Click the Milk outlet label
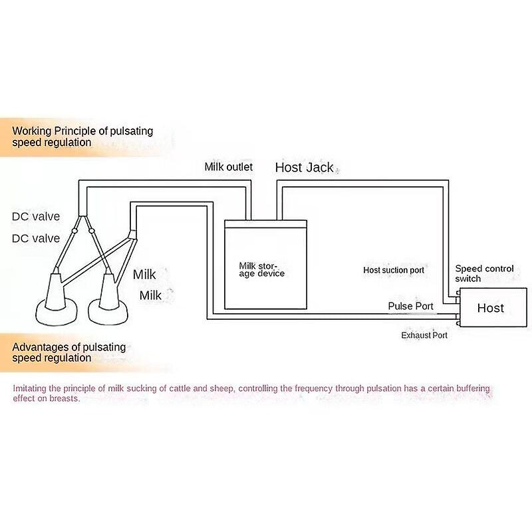pos(228,167)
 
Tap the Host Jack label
pos(305,168)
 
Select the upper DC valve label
pos(36,217)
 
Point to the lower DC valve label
pos(36,239)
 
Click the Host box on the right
pos(492,307)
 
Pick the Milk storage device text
pos(261,270)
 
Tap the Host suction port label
pos(394,270)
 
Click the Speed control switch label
pos(484,273)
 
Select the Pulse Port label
pos(410,306)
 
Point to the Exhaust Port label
pos(424,335)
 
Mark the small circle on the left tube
pos(74,231)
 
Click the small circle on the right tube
pos(91,231)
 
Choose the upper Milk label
pos(144,275)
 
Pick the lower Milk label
pos(150,295)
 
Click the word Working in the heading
pos(31,131)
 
